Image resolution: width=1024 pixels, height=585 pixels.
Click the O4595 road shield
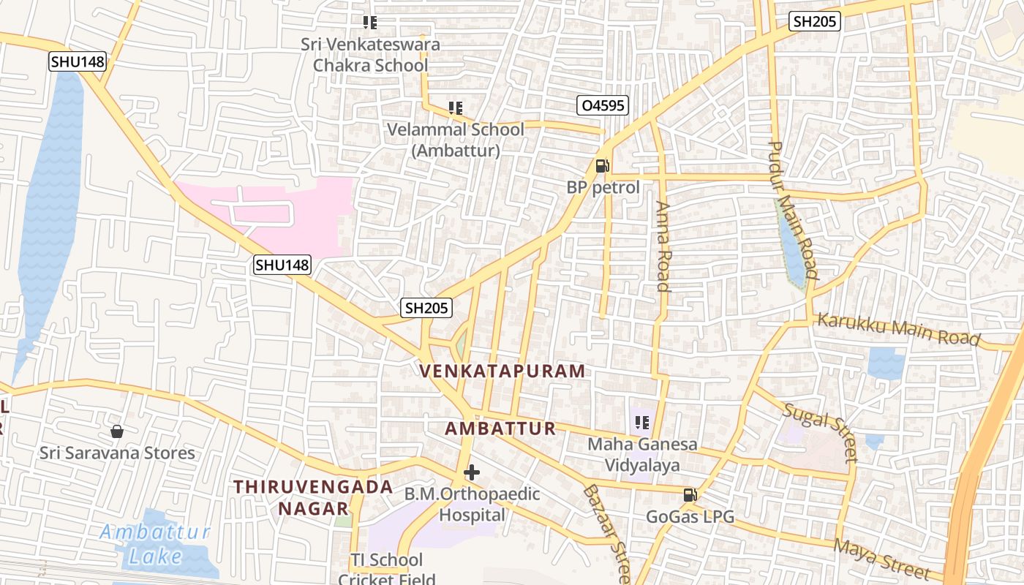pyautogui.click(x=603, y=106)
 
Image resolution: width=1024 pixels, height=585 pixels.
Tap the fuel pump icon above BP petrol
pyautogui.click(x=602, y=166)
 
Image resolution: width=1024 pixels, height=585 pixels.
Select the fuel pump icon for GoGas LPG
pyautogui.click(x=689, y=495)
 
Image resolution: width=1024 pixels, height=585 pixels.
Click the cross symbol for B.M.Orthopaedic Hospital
pyautogui.click(x=472, y=472)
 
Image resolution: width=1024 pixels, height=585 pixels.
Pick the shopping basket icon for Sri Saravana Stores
pyautogui.click(x=116, y=431)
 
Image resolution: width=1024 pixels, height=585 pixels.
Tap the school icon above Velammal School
pyautogui.click(x=456, y=108)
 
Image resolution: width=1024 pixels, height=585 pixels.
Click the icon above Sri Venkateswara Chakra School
pyautogui.click(x=370, y=23)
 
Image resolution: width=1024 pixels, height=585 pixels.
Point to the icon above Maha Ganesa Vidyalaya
pyautogui.click(x=642, y=422)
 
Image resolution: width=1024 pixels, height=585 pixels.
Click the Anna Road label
pyautogui.click(x=663, y=246)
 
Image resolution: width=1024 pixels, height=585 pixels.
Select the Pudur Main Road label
pyautogui.click(x=792, y=211)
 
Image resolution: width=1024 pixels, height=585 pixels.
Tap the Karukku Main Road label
pyautogui.click(x=898, y=329)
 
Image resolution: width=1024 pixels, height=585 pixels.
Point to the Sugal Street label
pyautogui.click(x=819, y=431)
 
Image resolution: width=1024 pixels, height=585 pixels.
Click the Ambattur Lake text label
pyautogui.click(x=155, y=544)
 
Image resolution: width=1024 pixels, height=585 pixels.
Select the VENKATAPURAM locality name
pyautogui.click(x=503, y=371)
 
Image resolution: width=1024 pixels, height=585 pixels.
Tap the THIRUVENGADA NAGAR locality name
pyautogui.click(x=313, y=497)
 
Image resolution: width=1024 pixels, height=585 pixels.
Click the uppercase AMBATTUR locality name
pyautogui.click(x=501, y=429)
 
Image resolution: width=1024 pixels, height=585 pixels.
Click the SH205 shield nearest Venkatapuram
pyautogui.click(x=427, y=309)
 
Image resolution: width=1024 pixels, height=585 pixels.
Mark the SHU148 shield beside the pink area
pyautogui.click(x=282, y=265)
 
